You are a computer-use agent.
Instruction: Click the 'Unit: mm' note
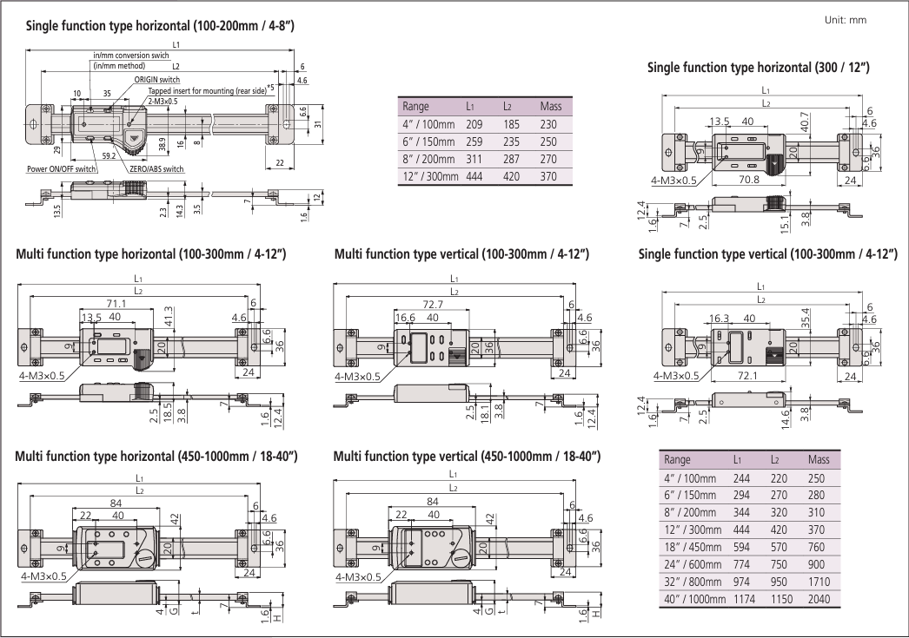tap(844, 20)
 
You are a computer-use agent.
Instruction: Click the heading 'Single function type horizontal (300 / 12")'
tap(758, 68)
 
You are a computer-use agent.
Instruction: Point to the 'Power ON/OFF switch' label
tap(61, 169)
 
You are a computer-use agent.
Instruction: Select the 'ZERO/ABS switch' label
tap(156, 169)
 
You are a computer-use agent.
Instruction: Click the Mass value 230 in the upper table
tap(549, 125)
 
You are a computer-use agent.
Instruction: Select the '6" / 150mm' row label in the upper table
tap(428, 141)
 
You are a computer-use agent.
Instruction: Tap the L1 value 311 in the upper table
tap(474, 159)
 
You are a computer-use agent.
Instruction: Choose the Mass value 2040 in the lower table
tap(819, 600)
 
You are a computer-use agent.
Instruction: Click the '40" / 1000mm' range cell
tap(693, 600)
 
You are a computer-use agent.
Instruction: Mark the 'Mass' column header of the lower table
tap(819, 459)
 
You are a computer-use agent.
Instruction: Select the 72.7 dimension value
tap(431, 305)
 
